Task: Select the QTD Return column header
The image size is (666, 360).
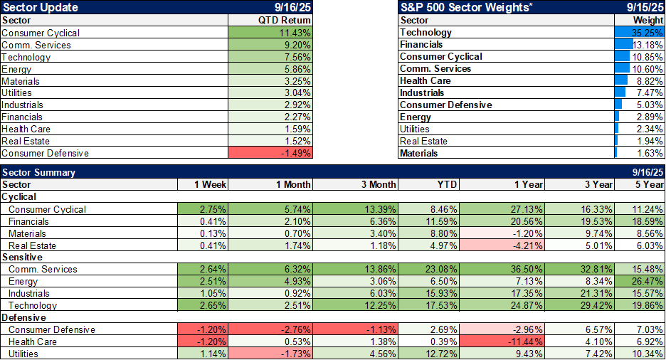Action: (285, 21)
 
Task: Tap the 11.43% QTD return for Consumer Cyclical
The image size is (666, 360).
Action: (270, 33)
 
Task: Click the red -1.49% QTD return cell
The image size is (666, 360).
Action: (270, 153)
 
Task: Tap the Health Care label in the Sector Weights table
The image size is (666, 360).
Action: (425, 81)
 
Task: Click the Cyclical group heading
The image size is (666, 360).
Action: (19, 196)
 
